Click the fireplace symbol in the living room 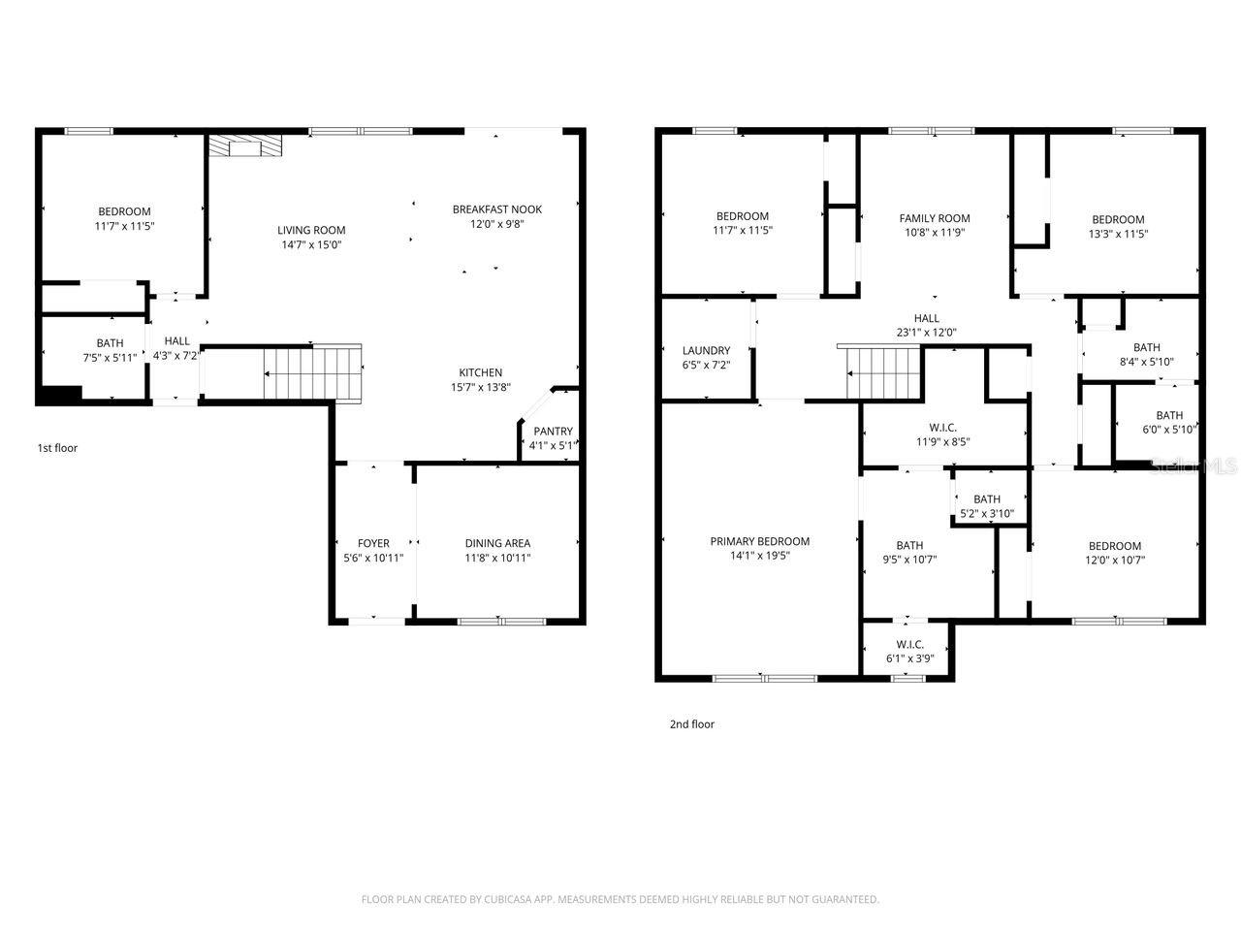tap(245, 145)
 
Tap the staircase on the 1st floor tap(313, 372)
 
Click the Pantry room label tap(553, 432)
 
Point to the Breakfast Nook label tap(497, 209)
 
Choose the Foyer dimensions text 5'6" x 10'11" tap(373, 559)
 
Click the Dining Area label tap(497, 543)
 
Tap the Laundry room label tap(706, 351)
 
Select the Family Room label tap(934, 218)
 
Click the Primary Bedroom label tap(759, 541)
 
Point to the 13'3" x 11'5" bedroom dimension tap(1118, 234)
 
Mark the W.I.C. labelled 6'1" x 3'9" tap(909, 652)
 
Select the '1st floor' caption tap(57, 448)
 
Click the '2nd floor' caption tap(691, 724)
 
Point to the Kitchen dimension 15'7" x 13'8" tap(480, 388)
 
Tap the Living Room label tap(311, 230)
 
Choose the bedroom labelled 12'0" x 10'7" tap(1114, 553)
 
